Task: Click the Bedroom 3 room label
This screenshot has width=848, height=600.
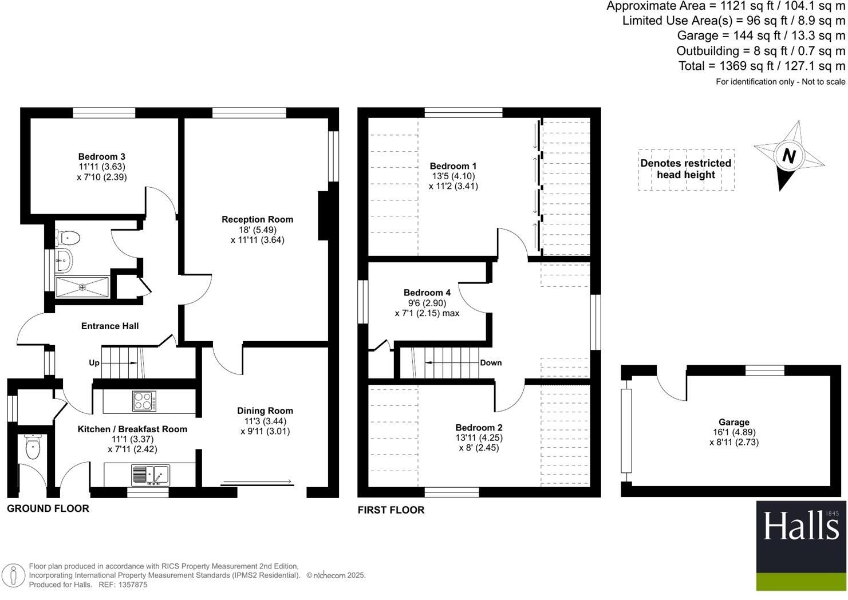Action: [102, 156]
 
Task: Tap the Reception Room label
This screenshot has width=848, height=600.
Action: [257, 219]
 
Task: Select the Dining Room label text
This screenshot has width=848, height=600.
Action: [265, 410]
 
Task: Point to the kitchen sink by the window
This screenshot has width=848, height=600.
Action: [151, 475]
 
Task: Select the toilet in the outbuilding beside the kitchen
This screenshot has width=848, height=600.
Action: [33, 447]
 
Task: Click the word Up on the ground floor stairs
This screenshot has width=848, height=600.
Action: [94, 363]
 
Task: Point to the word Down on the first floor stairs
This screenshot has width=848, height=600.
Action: [491, 362]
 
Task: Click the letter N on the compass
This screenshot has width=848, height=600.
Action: [788, 156]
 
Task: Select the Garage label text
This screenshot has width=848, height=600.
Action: [734, 422]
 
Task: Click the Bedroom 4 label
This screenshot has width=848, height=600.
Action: [423, 293]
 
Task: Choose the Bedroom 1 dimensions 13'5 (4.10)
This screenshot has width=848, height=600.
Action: [453, 176]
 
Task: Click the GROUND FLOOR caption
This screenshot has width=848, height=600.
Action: [48, 508]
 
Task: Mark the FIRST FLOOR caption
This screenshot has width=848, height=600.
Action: [391, 510]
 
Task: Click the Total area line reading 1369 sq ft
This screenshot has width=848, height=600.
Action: [762, 66]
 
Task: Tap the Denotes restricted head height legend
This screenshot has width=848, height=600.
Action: [685, 169]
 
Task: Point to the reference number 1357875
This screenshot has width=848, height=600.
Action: [131, 585]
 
